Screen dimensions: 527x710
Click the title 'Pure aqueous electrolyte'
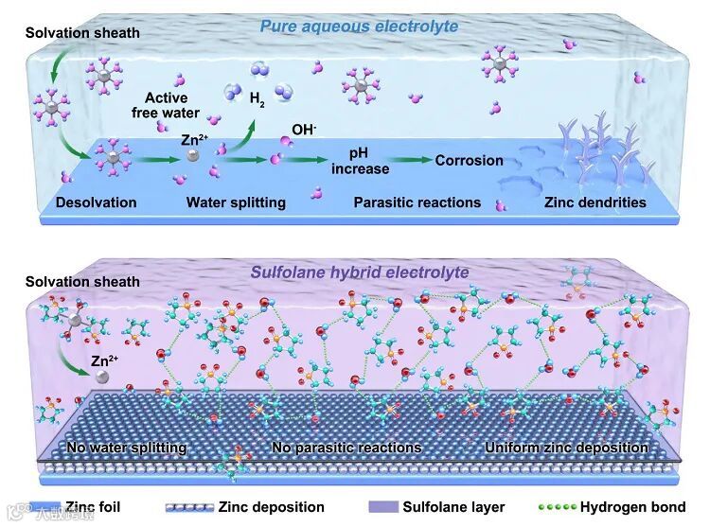[359, 26]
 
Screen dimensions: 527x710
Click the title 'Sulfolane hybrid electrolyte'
[360, 272]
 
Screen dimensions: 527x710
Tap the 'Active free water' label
[166, 105]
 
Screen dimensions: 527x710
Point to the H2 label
[257, 97]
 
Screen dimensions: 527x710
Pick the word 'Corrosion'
[469, 160]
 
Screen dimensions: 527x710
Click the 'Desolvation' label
[96, 202]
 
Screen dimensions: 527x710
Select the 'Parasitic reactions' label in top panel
[417, 202]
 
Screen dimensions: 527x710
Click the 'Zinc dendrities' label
[595, 202]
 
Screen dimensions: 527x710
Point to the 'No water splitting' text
[125, 447]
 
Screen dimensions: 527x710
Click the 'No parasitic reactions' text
[346, 447]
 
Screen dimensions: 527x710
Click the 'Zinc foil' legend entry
[91, 507]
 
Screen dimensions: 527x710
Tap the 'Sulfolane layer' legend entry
[453, 507]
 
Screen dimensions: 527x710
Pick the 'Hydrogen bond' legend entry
[645, 507]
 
